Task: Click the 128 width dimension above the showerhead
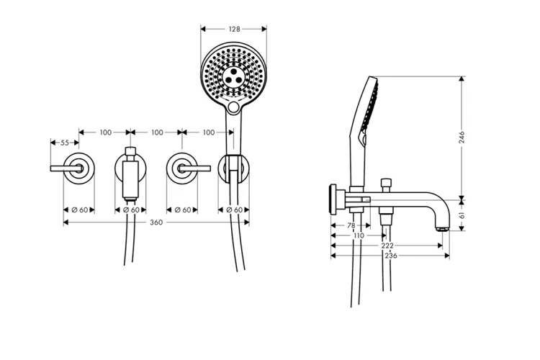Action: (234, 30)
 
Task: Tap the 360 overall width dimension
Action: (156, 222)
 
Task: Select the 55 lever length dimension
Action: (65, 143)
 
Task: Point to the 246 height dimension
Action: (462, 137)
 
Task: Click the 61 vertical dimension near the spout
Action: (462, 215)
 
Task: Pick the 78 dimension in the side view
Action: (351, 225)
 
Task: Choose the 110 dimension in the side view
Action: (359, 235)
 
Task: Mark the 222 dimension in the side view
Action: (387, 246)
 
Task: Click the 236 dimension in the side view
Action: (391, 256)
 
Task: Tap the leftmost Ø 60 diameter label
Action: (79, 210)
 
